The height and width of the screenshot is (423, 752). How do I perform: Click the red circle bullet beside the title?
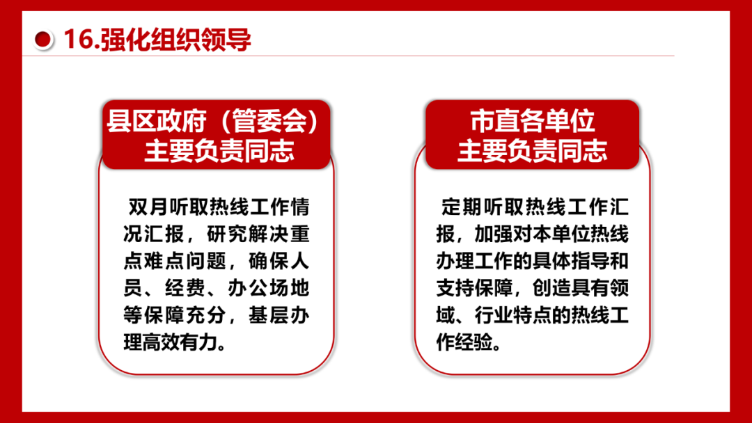[42, 39]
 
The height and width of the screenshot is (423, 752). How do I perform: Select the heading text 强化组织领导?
[175, 39]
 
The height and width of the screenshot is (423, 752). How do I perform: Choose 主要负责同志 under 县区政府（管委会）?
[219, 151]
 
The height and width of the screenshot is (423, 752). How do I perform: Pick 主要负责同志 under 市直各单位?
[533, 151]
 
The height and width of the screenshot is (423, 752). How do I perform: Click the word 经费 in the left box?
[186, 289]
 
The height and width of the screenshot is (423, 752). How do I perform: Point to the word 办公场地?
[268, 289]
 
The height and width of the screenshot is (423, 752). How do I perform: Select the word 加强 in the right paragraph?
[494, 234]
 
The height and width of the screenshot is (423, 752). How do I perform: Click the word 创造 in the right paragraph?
[552, 289]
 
